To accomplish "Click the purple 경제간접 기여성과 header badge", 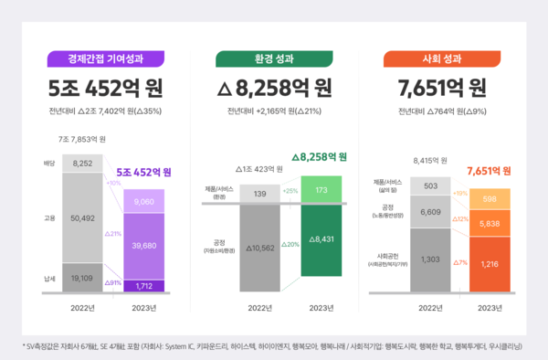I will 104,59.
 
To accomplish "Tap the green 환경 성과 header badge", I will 274,59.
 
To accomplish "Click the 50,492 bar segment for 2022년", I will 83,217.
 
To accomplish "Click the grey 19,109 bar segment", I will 83,278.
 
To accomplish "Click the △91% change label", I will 114,282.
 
